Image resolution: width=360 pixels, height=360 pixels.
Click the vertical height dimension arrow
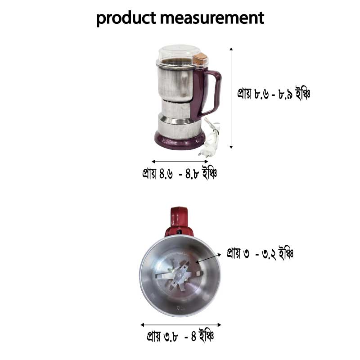coord(231,97)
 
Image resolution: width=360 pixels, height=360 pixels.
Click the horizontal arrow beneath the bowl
coord(180,324)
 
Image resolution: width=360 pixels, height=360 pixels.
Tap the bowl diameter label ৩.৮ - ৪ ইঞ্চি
coord(180,336)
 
